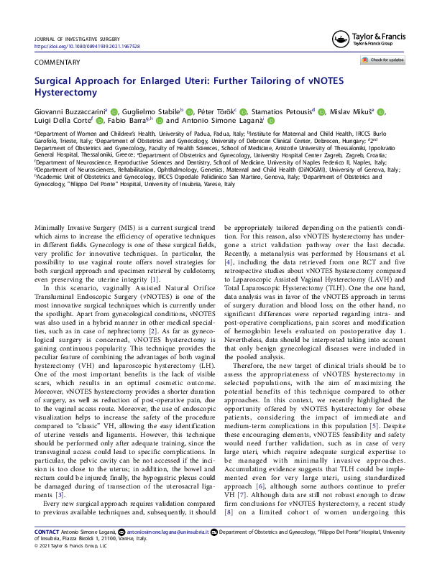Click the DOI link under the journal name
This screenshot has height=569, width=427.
click(87, 46)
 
